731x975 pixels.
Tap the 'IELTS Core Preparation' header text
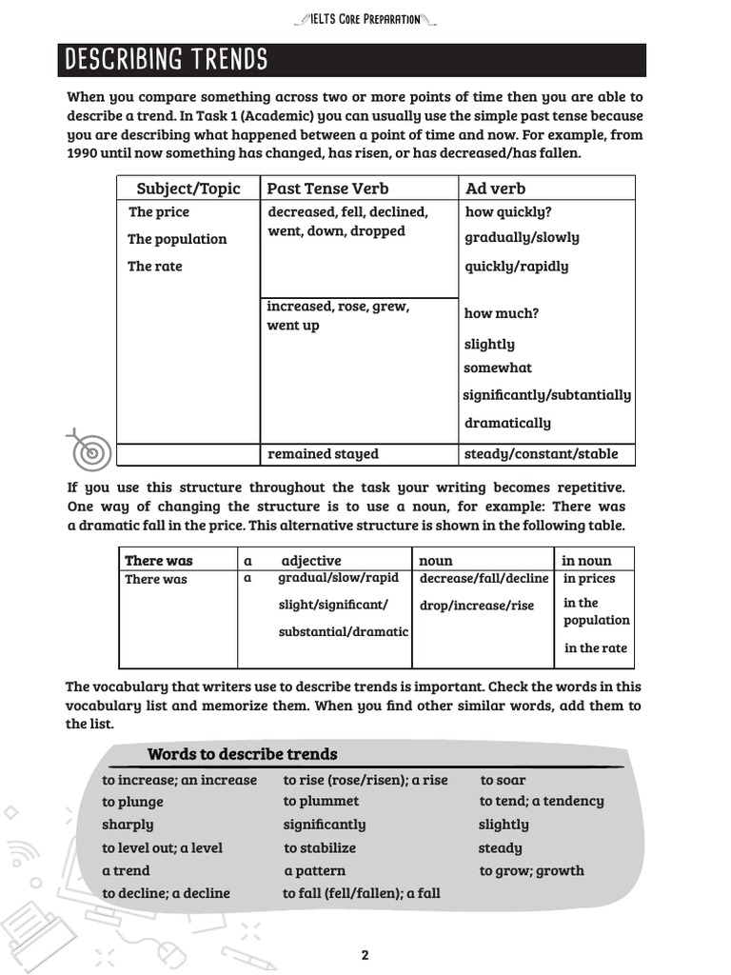(365, 18)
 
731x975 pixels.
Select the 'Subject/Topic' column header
(188, 188)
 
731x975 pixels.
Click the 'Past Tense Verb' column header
(327, 188)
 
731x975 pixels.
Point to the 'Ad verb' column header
(495, 188)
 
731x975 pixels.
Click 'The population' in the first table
(177, 239)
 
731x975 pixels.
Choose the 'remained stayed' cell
(323, 454)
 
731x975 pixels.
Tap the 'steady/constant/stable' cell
(541, 454)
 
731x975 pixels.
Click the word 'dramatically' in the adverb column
(507, 423)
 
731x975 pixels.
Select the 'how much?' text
(501, 313)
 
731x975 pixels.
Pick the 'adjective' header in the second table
(310, 560)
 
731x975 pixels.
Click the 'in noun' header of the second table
(587, 560)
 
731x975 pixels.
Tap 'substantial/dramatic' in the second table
(343, 631)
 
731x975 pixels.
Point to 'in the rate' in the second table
(595, 647)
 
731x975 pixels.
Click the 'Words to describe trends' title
(242, 754)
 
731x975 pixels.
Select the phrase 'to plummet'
(321, 802)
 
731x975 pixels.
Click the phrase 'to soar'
(503, 780)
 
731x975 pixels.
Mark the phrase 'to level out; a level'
(162, 847)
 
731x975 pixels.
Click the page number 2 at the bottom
(365, 955)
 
